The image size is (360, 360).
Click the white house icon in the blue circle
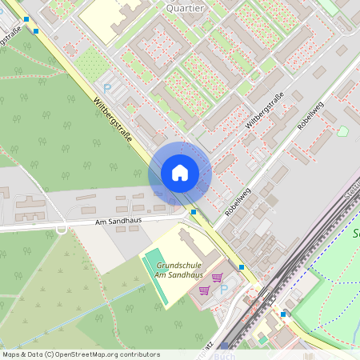(180, 172)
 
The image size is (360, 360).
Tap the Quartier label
(185, 7)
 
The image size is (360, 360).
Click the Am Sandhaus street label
(117, 222)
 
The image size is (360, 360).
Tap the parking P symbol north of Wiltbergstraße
(107, 88)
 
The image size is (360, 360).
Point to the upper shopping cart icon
(217, 277)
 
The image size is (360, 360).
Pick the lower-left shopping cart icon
(205, 290)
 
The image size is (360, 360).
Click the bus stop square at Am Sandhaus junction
(194, 212)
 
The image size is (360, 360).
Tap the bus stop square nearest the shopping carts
(242, 267)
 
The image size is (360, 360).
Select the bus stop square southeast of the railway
(282, 314)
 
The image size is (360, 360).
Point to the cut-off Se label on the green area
(355, 234)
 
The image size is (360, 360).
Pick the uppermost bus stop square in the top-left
(27, 19)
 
